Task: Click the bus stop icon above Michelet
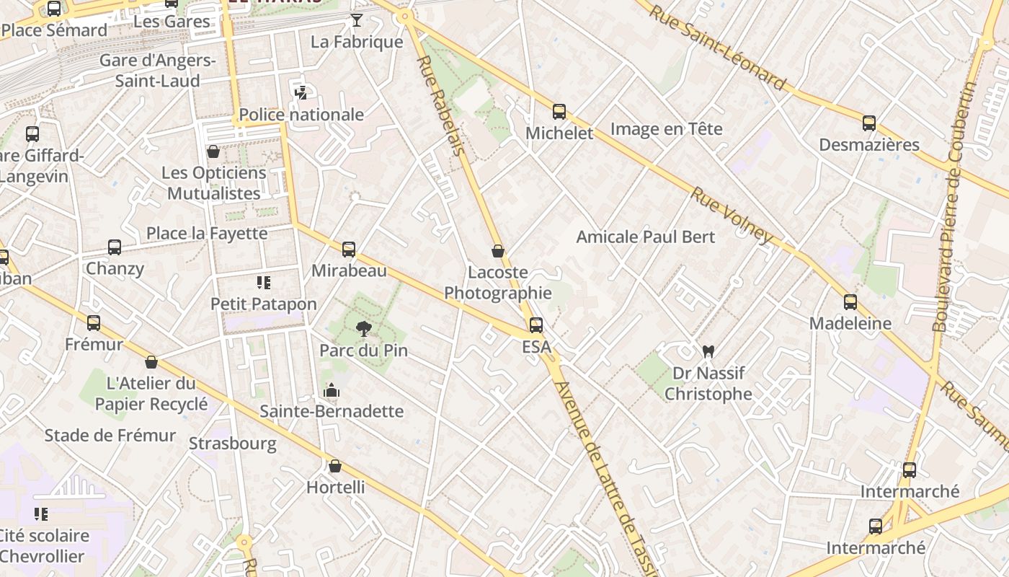[559, 112]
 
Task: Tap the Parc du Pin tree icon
[364, 329]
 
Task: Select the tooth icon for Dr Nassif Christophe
[708, 351]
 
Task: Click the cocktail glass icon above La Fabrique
[356, 20]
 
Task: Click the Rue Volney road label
[732, 215]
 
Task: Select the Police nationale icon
[301, 92]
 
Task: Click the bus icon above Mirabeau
[349, 250]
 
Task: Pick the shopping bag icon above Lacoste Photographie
[497, 251]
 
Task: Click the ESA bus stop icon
[536, 325]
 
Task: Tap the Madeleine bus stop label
[850, 323]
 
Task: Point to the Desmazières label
[869, 144]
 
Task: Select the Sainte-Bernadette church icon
[332, 390]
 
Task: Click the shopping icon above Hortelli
[334, 466]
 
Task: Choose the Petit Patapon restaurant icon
[263, 283]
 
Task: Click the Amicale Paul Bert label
[646, 237]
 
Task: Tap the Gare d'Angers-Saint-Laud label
[157, 71]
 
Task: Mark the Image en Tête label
[666, 129]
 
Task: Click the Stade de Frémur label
[110, 436]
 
